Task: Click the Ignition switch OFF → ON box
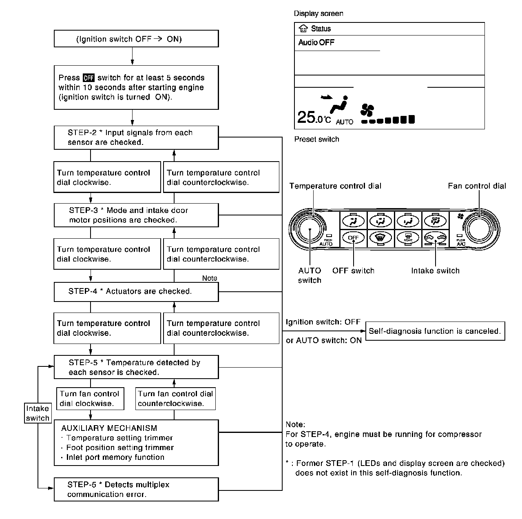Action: (x=136, y=39)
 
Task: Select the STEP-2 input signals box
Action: (x=136, y=138)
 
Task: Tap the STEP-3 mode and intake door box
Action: (x=136, y=215)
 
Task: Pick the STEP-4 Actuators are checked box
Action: (x=136, y=291)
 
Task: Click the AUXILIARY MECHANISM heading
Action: (x=109, y=428)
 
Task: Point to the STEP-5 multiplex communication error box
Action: (x=136, y=490)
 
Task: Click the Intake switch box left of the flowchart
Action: (x=38, y=413)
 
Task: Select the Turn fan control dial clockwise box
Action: (x=89, y=399)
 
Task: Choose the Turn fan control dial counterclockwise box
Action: (x=175, y=399)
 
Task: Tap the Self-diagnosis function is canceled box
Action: (x=435, y=331)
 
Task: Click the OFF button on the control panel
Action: (x=353, y=237)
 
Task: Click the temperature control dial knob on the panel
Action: (x=310, y=229)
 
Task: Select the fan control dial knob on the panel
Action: (x=480, y=229)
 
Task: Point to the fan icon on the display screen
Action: (x=367, y=110)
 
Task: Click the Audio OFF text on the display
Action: (x=316, y=42)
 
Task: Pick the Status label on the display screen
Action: (x=321, y=29)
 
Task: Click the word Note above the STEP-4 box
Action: (x=210, y=278)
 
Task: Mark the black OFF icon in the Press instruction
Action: (x=88, y=78)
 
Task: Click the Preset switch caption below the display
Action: (x=316, y=139)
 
